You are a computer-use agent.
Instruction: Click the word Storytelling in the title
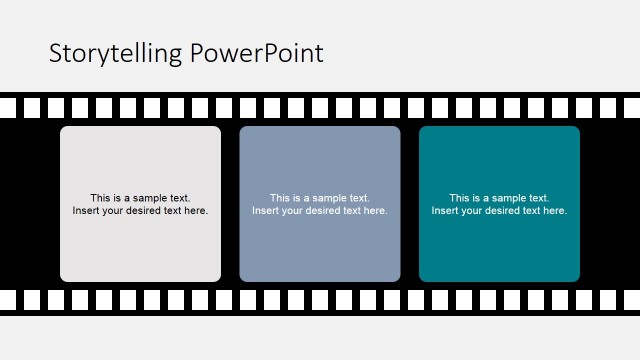(x=109, y=54)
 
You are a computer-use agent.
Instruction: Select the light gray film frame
(x=140, y=160)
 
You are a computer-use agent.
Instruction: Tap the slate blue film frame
(x=320, y=160)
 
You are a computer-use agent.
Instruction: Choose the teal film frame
(x=499, y=160)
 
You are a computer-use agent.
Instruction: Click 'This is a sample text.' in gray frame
(x=140, y=198)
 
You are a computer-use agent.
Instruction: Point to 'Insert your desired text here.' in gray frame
(x=140, y=211)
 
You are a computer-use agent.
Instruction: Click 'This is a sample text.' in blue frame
(x=320, y=198)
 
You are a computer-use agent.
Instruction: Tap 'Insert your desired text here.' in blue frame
(x=320, y=211)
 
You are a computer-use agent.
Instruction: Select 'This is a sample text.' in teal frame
(x=499, y=198)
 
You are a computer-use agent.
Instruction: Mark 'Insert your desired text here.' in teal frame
(x=499, y=211)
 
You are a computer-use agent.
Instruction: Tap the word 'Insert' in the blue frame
(x=264, y=211)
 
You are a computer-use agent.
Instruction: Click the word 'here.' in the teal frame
(x=555, y=211)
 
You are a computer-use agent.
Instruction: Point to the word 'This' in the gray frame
(x=100, y=198)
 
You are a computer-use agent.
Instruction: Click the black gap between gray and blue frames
(x=230, y=204)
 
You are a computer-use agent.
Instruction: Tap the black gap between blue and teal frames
(x=410, y=204)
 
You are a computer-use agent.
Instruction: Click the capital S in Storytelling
(x=56, y=54)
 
